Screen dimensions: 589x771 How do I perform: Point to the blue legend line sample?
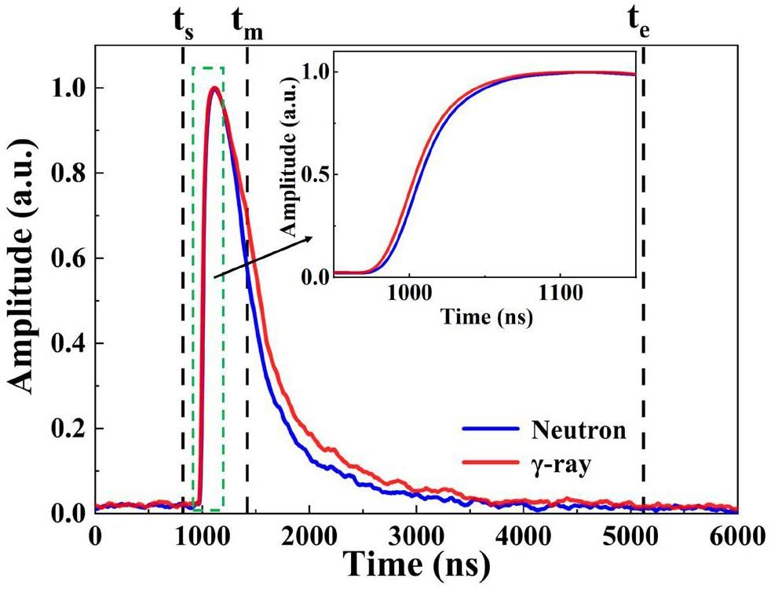486,430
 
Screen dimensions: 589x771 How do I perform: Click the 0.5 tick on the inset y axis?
318,174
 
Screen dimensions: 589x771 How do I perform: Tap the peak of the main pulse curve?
213,88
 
